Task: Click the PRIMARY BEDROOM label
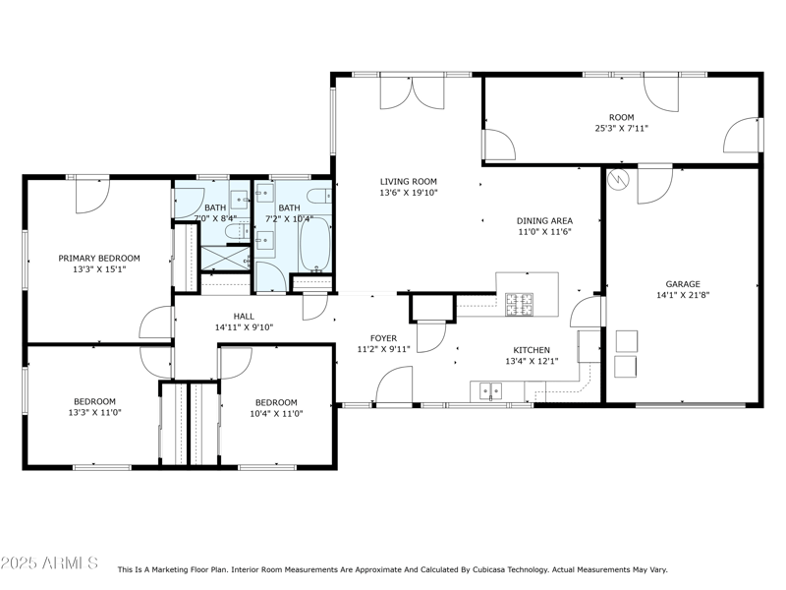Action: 98,258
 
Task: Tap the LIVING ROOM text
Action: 409,181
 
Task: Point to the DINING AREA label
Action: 544,221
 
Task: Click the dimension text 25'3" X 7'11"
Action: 621,128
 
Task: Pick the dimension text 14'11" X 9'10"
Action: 244,327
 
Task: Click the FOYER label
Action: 383,338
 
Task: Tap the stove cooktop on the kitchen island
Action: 519,304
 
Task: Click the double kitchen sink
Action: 489,390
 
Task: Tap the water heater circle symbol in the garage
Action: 618,179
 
